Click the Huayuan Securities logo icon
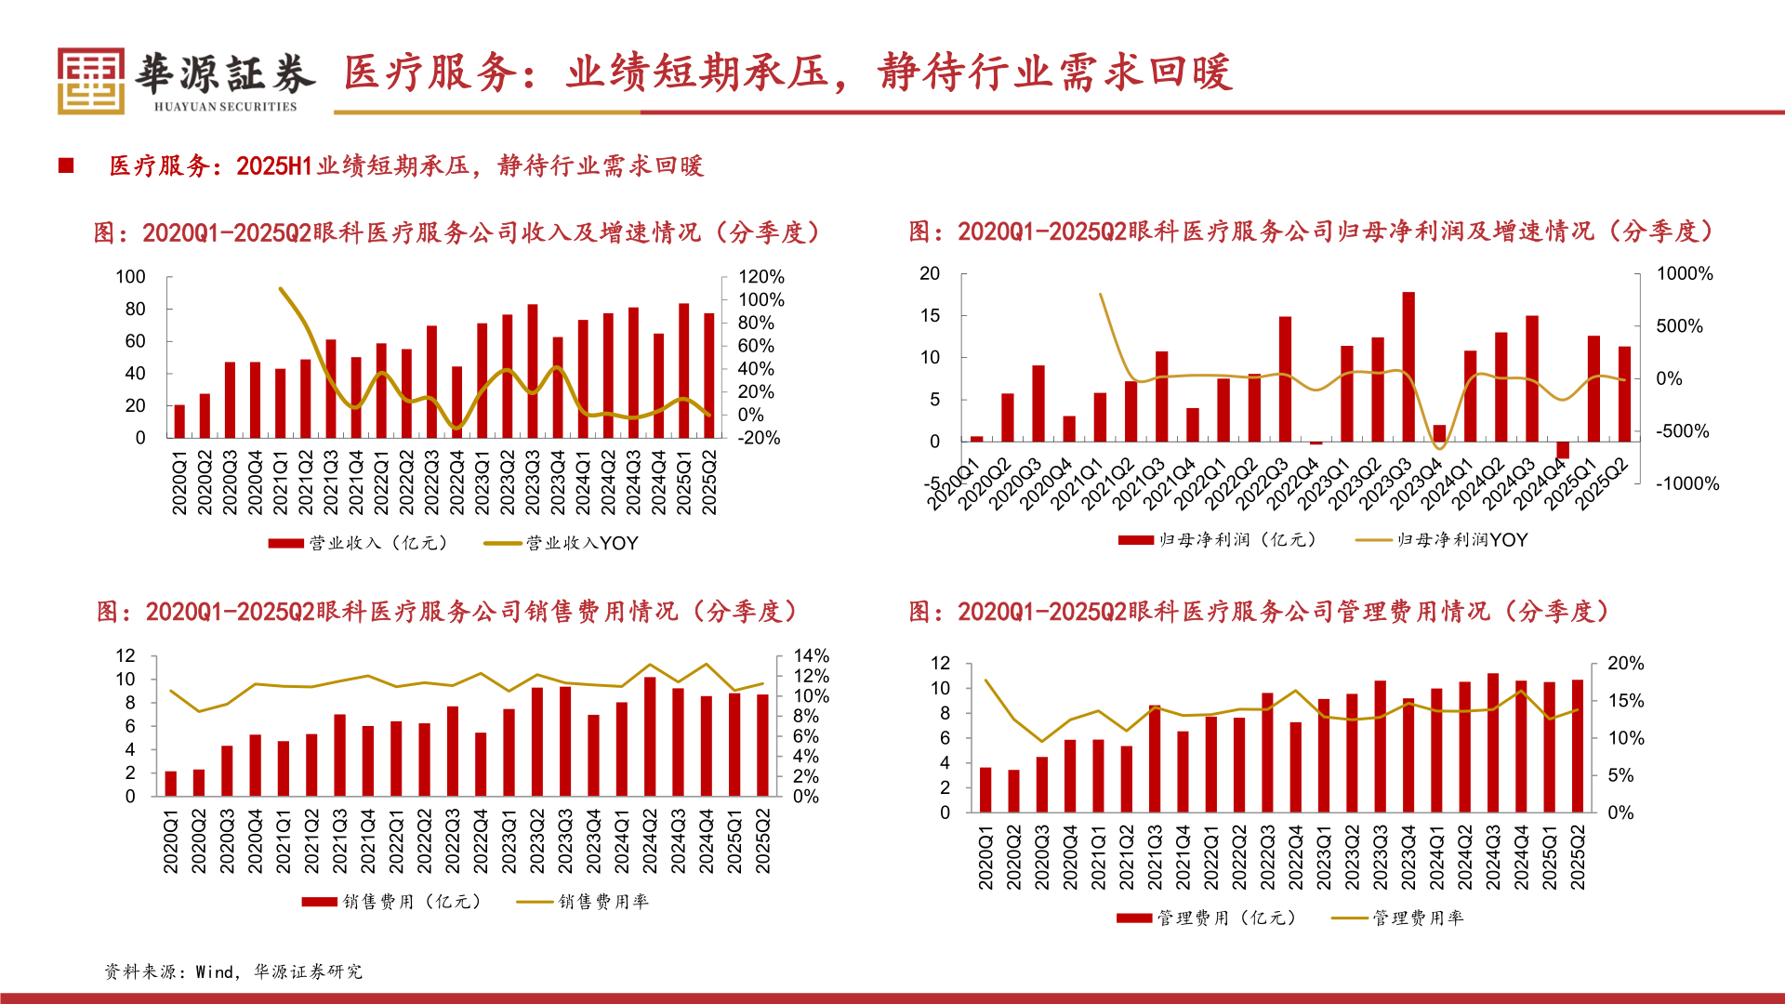pyautogui.click(x=90, y=82)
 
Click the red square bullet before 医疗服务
pyautogui.click(x=66, y=165)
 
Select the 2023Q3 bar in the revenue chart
pyautogui.click(x=533, y=371)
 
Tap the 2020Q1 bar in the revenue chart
pyautogui.click(x=179, y=421)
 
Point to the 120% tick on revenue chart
pyautogui.click(x=760, y=277)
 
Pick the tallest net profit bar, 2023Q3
pyautogui.click(x=1408, y=366)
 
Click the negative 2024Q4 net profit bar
pyautogui.click(x=1563, y=450)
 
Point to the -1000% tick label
pyautogui.click(x=1686, y=483)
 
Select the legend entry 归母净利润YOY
pyautogui.click(x=1461, y=539)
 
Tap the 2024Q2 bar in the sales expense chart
pyautogui.click(x=650, y=736)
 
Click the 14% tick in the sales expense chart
pyautogui.click(x=810, y=656)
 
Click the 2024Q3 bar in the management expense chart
pyautogui.click(x=1493, y=743)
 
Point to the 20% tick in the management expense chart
pyautogui.click(x=1625, y=663)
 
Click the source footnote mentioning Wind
pyautogui.click(x=233, y=971)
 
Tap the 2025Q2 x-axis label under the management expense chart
pyautogui.click(x=1578, y=857)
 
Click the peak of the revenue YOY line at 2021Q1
pyautogui.click(x=281, y=289)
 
